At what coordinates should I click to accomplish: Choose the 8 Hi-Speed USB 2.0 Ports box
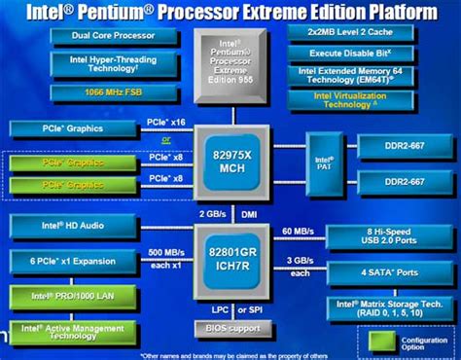387,236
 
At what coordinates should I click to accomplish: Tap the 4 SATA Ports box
387,272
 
